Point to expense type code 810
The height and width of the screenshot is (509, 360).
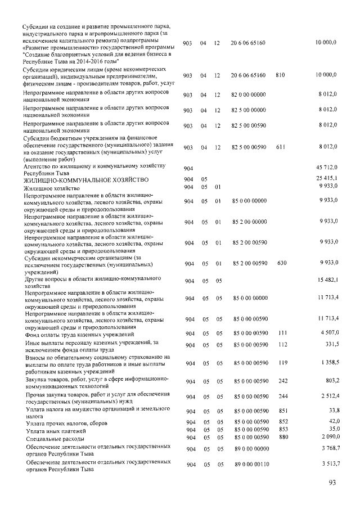click(280, 74)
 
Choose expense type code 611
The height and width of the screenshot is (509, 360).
click(281, 147)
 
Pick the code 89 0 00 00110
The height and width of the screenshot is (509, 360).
click(250, 465)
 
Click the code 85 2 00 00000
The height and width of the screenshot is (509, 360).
click(250, 222)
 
